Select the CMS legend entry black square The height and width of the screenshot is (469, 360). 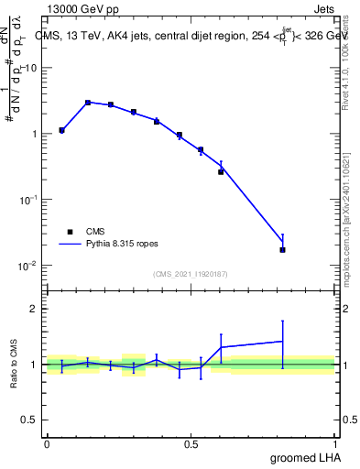point(71,233)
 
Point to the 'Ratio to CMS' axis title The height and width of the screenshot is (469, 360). point(16,364)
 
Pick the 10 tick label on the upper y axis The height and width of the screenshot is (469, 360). point(33,68)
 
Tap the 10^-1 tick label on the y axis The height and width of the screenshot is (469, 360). point(31,200)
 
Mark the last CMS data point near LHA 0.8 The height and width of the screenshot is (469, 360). point(282,249)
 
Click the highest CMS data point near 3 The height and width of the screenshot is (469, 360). point(88,103)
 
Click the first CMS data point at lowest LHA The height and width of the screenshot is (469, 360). point(61,130)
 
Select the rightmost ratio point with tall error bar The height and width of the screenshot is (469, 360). point(282,342)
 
